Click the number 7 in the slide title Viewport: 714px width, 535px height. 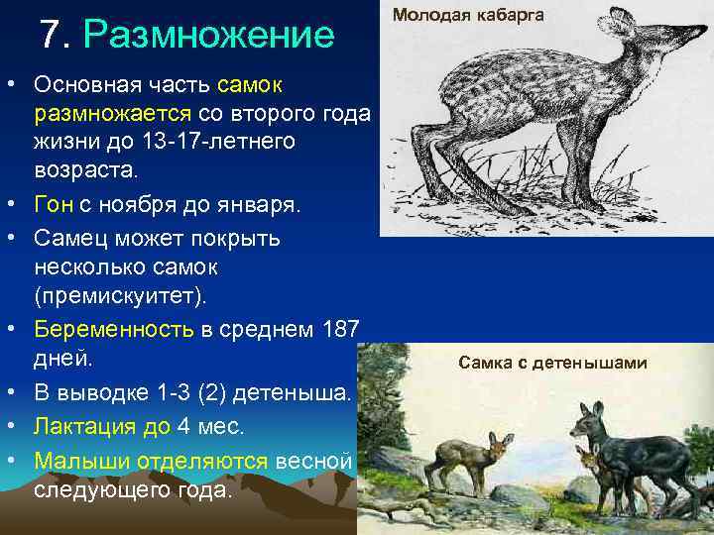click(51, 36)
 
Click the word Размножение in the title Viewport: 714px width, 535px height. click(209, 37)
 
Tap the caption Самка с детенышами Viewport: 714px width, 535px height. click(552, 363)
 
